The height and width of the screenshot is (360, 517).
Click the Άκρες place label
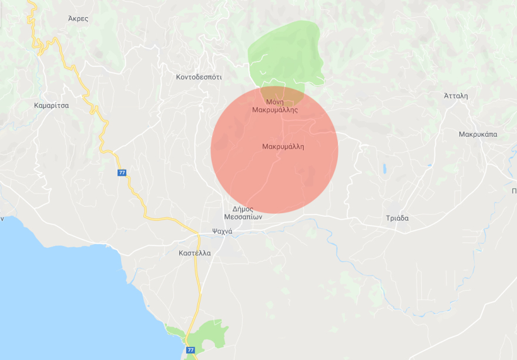(x=78, y=18)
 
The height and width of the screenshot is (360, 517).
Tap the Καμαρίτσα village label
(x=52, y=106)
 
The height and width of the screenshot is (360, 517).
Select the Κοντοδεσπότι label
(x=199, y=77)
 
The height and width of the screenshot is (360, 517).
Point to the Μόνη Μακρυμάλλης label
(x=275, y=105)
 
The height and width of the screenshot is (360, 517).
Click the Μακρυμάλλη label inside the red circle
(x=283, y=146)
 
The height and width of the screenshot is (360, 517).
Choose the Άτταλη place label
(x=456, y=96)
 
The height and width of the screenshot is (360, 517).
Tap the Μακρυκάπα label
(x=478, y=134)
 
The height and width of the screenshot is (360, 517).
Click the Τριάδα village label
(x=397, y=218)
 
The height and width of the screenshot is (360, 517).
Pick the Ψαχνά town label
(x=222, y=231)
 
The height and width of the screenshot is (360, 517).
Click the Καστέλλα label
(x=194, y=253)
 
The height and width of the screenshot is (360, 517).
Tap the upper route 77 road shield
(x=122, y=173)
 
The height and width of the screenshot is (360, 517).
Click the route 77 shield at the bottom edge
(x=190, y=350)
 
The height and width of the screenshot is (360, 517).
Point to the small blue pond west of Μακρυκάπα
(x=385, y=169)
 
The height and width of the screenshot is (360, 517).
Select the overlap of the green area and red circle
(x=282, y=92)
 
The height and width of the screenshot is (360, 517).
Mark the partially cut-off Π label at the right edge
(x=514, y=191)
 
